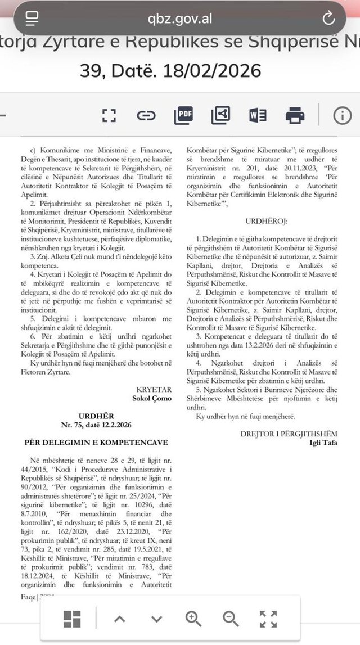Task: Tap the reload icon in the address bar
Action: pos(328,18)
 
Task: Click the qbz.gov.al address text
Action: pos(180,18)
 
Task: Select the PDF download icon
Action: pos(183,115)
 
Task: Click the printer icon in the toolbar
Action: pos(295,115)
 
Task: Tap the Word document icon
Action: pos(258,115)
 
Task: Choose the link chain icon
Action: pos(146,116)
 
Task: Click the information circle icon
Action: pos(342,115)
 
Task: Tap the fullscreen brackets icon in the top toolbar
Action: pos(109,116)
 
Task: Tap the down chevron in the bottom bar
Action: pos(156,619)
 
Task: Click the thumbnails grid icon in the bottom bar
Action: pos(72,619)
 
